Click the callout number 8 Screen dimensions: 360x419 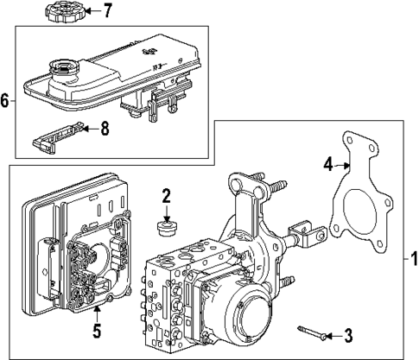click(105, 128)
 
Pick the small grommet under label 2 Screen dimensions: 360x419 click(168, 227)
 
